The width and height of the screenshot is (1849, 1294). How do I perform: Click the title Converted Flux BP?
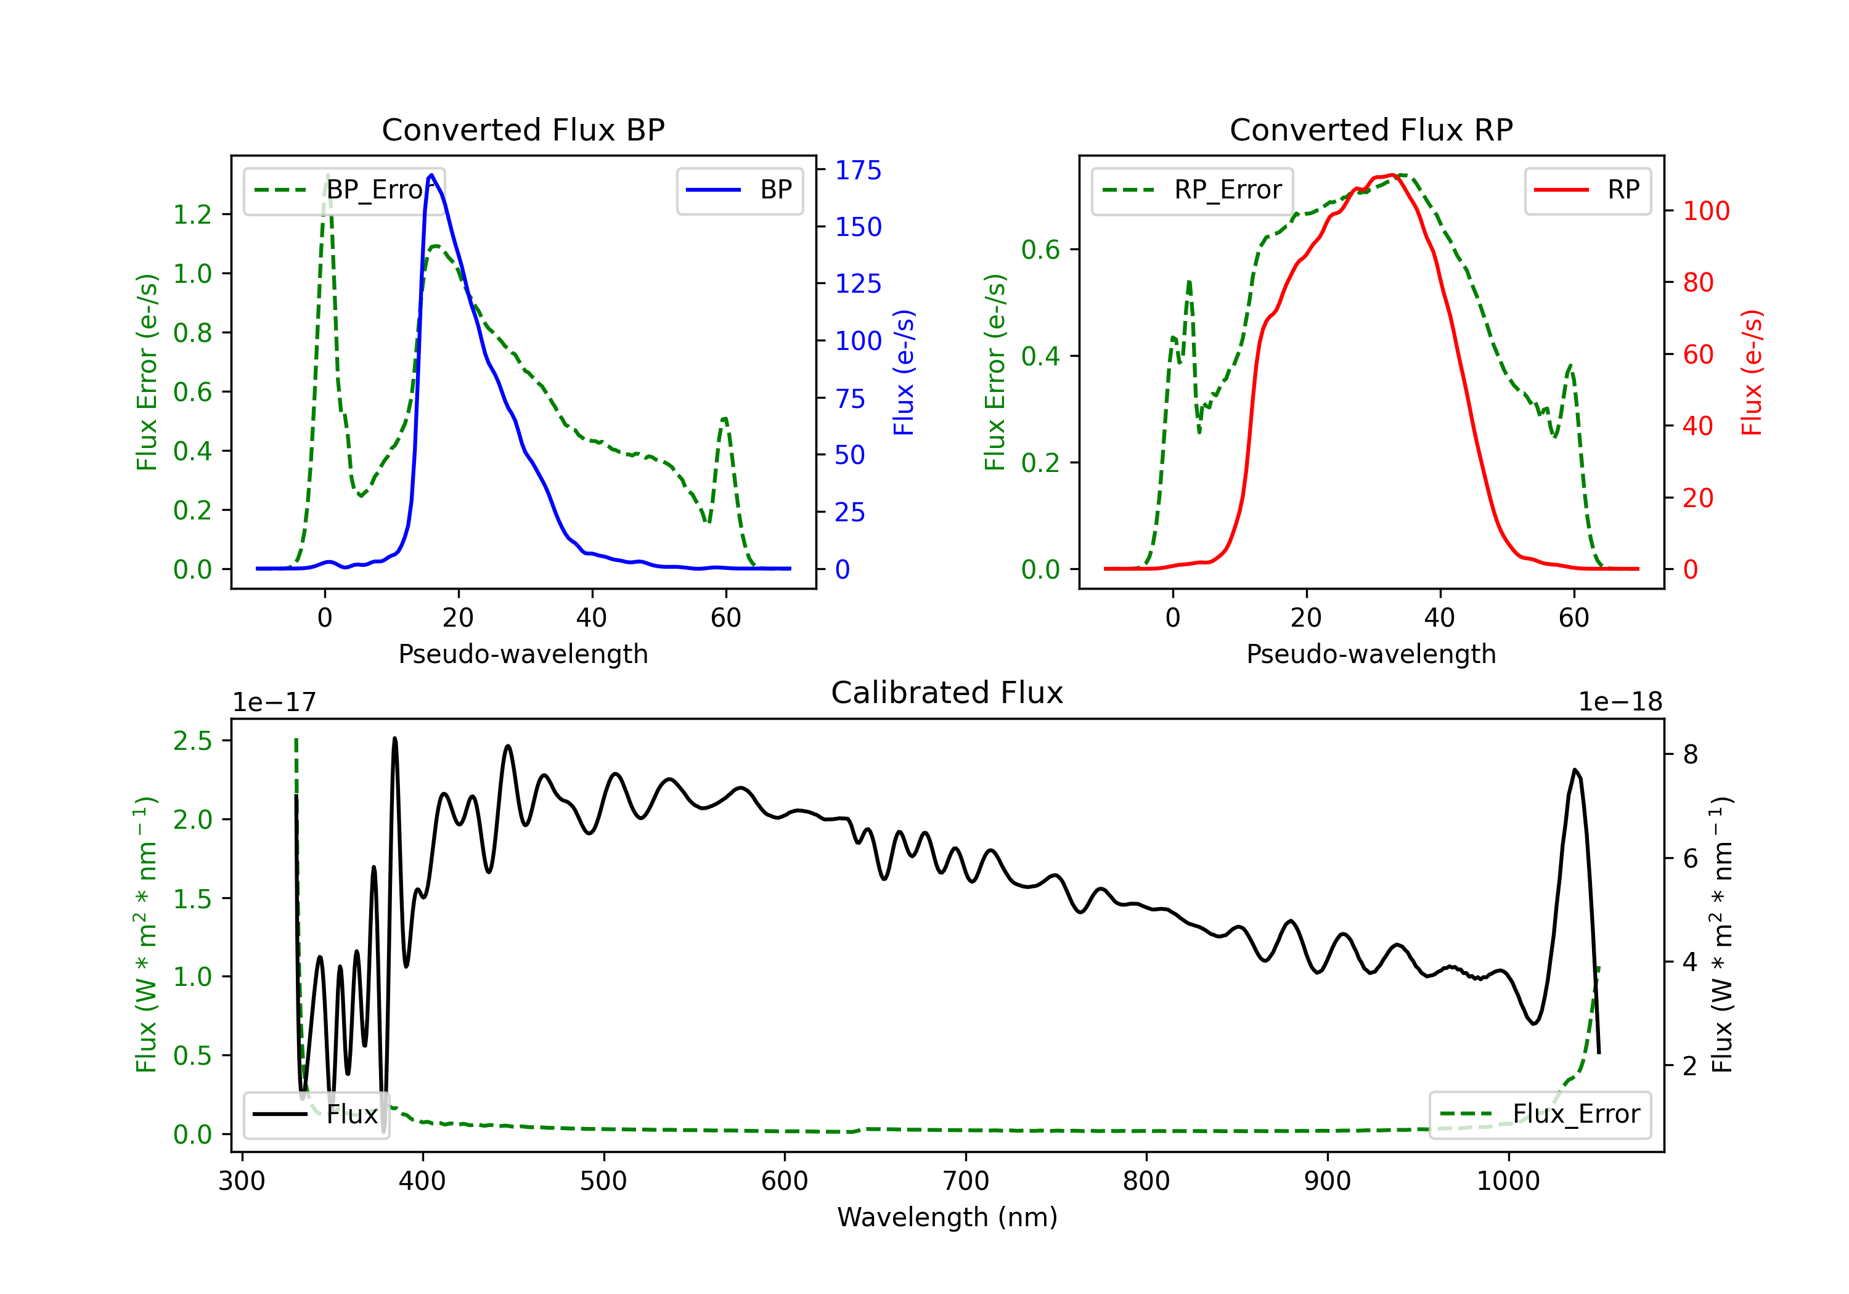tap(523, 129)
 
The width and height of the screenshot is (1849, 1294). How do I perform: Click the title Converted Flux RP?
tap(1371, 129)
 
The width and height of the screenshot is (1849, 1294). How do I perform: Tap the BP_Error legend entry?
tap(344, 190)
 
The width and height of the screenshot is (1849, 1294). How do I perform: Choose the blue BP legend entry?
tap(739, 190)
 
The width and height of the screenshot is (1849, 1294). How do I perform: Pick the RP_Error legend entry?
tap(1192, 190)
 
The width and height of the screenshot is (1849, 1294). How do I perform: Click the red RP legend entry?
tap(1587, 190)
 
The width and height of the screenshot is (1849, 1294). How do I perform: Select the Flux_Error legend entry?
tap(1539, 1115)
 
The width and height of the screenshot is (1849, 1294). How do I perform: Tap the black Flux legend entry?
tap(316, 1115)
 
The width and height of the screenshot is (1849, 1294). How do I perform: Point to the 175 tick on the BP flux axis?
tap(858, 170)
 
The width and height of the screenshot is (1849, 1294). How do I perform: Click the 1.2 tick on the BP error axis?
tap(192, 214)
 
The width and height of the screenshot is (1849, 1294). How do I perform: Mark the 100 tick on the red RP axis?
tap(1705, 211)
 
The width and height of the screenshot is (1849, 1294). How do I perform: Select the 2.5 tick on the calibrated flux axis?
tap(192, 741)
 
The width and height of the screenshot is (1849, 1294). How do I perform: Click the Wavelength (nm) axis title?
tap(947, 1218)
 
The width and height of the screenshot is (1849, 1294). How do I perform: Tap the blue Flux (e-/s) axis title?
tap(904, 372)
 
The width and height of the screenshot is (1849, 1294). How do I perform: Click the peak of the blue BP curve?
tap(431, 175)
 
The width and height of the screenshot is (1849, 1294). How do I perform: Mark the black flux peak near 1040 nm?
tap(1574, 770)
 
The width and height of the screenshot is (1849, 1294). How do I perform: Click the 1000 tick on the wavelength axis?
tap(1508, 1181)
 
